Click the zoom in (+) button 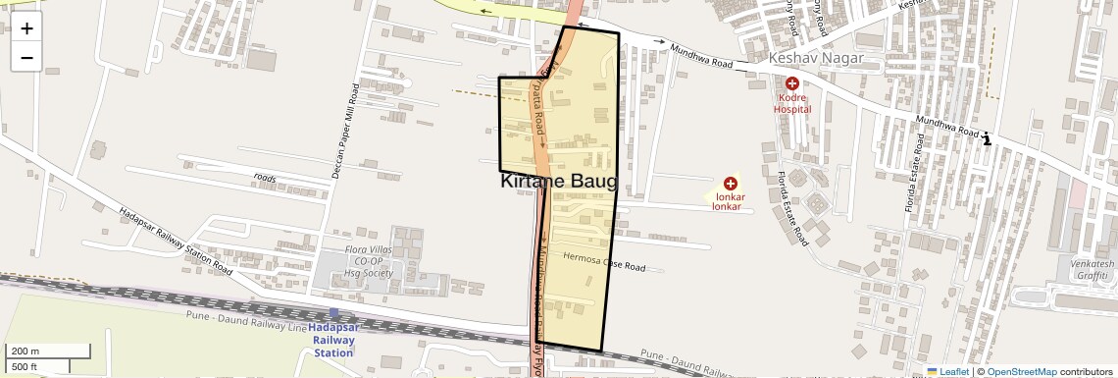pyautogui.click(x=26, y=27)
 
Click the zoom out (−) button pyautogui.click(x=26, y=57)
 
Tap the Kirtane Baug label pyautogui.click(x=558, y=182)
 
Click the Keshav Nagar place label pyautogui.click(x=816, y=59)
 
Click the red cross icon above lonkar pyautogui.click(x=730, y=184)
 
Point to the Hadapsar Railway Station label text pyautogui.click(x=333, y=339)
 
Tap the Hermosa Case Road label pyautogui.click(x=605, y=262)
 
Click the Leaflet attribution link pyautogui.click(x=947, y=371)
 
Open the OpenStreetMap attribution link pyautogui.click(x=1021, y=371)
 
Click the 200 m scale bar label pyautogui.click(x=25, y=351)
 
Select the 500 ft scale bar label pyautogui.click(x=25, y=366)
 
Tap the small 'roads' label pyautogui.click(x=265, y=178)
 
